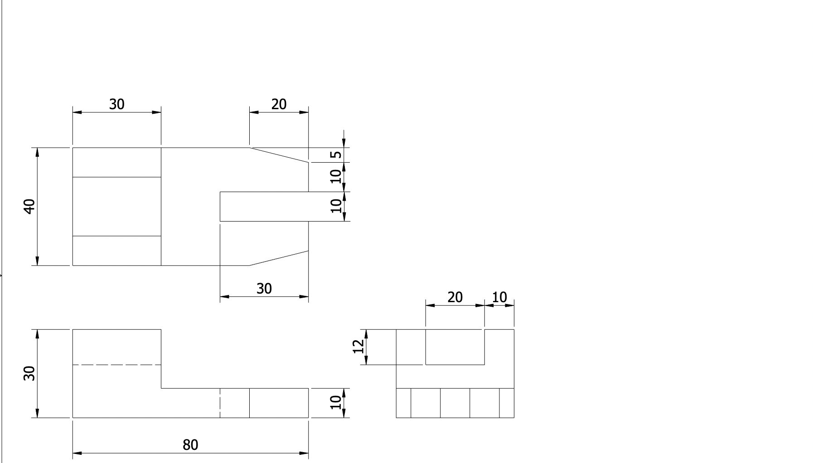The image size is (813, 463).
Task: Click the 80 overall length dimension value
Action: pyautogui.click(x=190, y=445)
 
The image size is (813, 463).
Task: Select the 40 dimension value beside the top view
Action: pyautogui.click(x=29, y=206)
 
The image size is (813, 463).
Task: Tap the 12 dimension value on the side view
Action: pyautogui.click(x=358, y=347)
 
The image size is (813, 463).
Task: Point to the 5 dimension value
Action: pyautogui.click(x=336, y=154)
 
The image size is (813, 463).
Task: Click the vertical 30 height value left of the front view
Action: pyautogui.click(x=29, y=373)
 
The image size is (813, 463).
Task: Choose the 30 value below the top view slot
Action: pyautogui.click(x=264, y=289)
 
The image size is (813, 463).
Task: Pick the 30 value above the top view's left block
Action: pyautogui.click(x=116, y=104)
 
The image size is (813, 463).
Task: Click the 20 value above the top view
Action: pyautogui.click(x=279, y=104)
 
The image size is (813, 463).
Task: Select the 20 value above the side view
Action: pyautogui.click(x=455, y=297)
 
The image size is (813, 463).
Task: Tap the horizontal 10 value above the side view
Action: pyautogui.click(x=499, y=297)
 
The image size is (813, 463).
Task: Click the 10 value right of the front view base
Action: pyautogui.click(x=336, y=402)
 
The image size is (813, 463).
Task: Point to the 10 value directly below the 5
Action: pyautogui.click(x=336, y=176)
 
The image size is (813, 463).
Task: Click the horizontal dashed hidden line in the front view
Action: pyautogui.click(x=116, y=365)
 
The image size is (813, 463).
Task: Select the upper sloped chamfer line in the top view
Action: pyautogui.click(x=279, y=154)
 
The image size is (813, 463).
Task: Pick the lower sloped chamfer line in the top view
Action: pyautogui.click(x=279, y=258)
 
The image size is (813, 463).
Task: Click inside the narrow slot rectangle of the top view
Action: pyautogui.click(x=264, y=207)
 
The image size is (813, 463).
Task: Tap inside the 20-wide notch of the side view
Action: pyautogui.click(x=455, y=347)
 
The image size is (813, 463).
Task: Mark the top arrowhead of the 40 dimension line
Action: pyautogui.click(x=37, y=152)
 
